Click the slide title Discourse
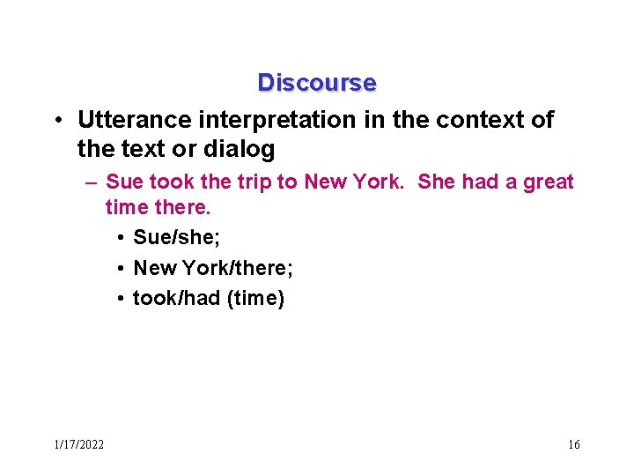coord(316,83)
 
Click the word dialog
coord(241,149)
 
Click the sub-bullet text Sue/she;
coord(176,238)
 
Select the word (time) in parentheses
coord(255,299)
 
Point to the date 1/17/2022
coord(78,444)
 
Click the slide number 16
coord(573,444)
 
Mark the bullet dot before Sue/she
coord(119,239)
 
